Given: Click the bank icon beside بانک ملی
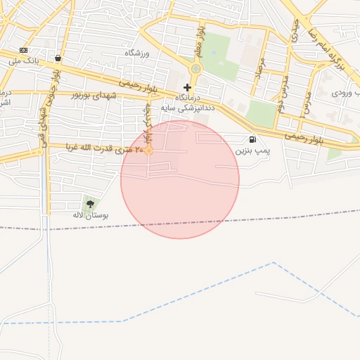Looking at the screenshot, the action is coord(24,51).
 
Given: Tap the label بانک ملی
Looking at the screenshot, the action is coord(41,61).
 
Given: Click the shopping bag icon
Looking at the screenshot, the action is coord(57,58).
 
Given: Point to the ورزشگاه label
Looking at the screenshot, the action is coord(139,53).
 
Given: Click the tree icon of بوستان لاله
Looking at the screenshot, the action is coord(89,204).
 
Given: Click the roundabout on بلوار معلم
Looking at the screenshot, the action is coord(195,69).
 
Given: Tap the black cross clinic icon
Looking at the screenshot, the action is coord(187,87).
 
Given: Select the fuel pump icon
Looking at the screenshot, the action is coord(252,139).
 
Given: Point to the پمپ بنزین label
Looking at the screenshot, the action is coord(252,150).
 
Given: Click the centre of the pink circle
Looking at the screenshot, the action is coord(180,179).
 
